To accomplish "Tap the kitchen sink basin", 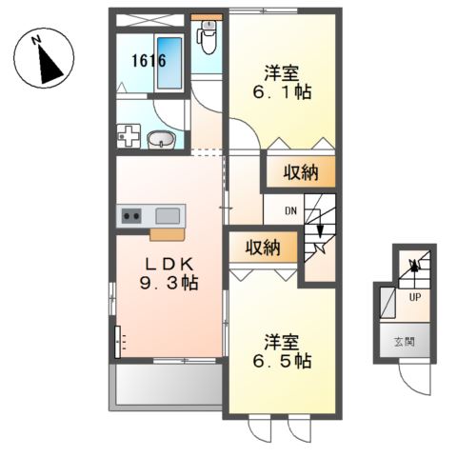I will tap(168, 215).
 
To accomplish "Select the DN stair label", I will tap(291, 212).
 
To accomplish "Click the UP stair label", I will tap(414, 296).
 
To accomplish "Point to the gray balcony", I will tap(167, 385).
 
